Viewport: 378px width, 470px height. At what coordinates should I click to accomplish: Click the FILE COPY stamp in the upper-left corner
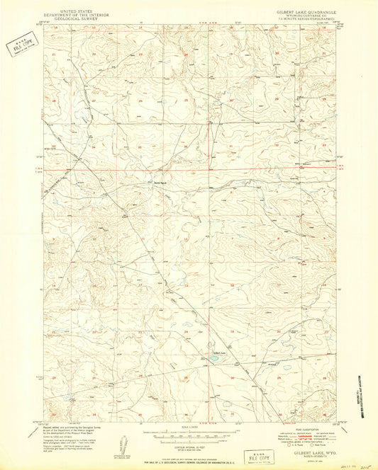click(x=21, y=47)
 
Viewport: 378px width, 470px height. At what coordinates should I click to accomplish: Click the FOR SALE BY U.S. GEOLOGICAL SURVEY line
click(x=188, y=450)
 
